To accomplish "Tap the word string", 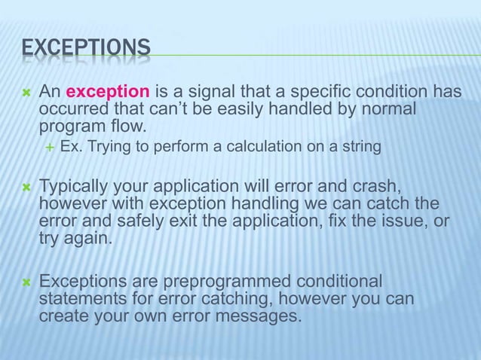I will pos(360,146).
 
